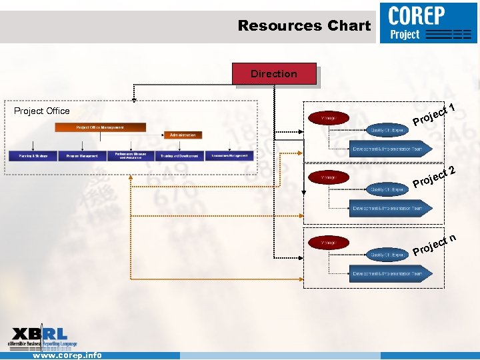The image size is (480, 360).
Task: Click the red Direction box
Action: click(x=274, y=74)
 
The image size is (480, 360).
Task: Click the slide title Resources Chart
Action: click(x=304, y=26)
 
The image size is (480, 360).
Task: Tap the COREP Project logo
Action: click(x=429, y=23)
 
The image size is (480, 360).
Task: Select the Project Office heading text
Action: click(x=42, y=111)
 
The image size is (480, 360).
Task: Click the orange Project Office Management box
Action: click(x=101, y=127)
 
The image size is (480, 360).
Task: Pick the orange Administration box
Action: click(x=183, y=135)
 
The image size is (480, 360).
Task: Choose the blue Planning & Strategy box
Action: click(x=33, y=156)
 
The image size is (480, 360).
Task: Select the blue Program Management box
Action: click(x=83, y=156)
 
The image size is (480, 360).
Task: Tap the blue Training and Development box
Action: click(x=179, y=156)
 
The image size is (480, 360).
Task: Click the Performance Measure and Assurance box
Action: click(x=131, y=156)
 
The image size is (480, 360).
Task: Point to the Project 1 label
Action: click(x=433, y=114)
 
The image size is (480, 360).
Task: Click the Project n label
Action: click(x=434, y=245)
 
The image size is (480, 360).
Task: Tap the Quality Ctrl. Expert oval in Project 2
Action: click(x=389, y=190)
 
